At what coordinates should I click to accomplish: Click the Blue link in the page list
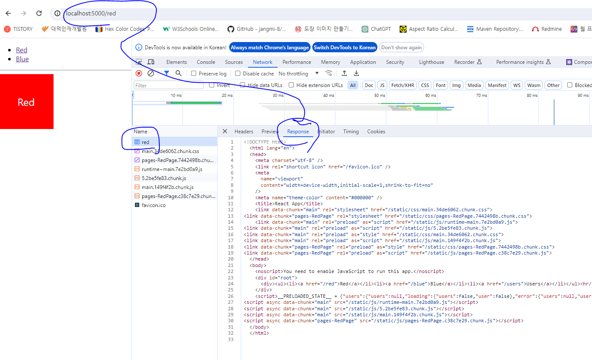pos(22,59)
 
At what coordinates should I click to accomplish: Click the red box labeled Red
pos(27,102)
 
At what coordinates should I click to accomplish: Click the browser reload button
pos(39,13)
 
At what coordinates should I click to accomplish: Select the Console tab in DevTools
pos(206,62)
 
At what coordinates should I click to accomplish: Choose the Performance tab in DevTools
pos(296,62)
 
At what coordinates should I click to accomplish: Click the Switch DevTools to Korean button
pos(344,48)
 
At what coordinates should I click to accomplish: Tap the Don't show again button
pos(401,48)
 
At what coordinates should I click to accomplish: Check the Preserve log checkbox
pos(194,74)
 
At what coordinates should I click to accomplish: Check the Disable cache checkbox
pos(238,74)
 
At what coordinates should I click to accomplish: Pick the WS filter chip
pos(517,85)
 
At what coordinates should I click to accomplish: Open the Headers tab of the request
pos(244,132)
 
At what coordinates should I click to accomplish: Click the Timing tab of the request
pos(351,132)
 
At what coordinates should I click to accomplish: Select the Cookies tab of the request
pos(376,132)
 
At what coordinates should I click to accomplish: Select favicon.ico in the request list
pos(153,205)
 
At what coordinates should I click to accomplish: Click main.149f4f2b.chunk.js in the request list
pos(167,187)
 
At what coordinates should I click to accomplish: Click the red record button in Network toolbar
pos(139,74)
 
